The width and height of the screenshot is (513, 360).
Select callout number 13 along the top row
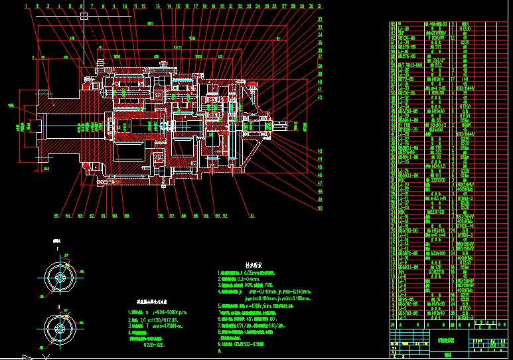(x=158, y=6)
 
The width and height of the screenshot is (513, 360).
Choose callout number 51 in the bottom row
(x=251, y=216)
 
